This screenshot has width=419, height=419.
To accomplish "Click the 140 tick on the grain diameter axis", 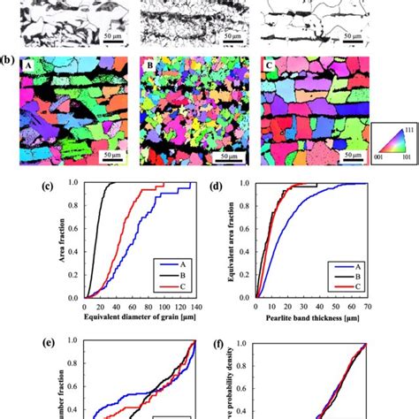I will (192, 305).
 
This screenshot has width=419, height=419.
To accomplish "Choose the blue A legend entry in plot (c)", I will (172, 263).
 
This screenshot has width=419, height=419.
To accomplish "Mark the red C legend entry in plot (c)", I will (172, 286).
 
